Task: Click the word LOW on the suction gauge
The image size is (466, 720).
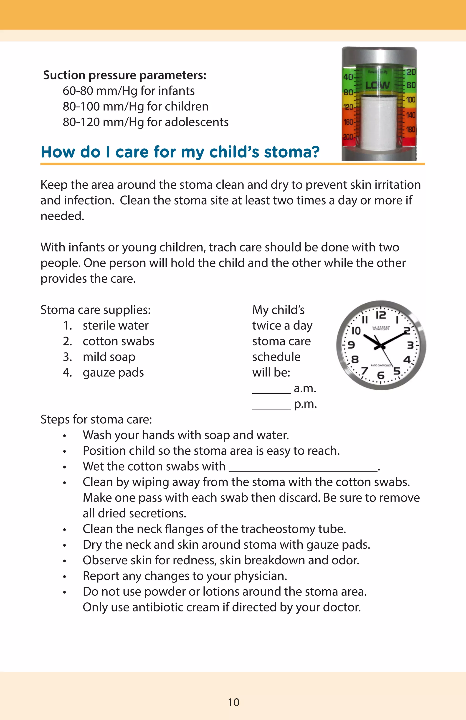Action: click(377, 85)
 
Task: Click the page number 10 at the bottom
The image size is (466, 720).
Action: click(233, 702)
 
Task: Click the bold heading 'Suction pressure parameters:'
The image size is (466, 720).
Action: click(125, 75)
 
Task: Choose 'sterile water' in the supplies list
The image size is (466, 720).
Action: click(116, 325)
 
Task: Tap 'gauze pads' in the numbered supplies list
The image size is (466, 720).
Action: click(113, 373)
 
